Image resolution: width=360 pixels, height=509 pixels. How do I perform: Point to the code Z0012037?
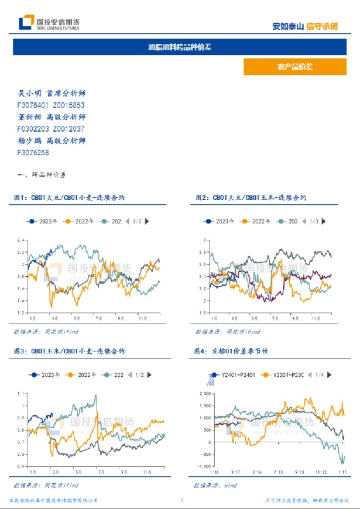click(69, 129)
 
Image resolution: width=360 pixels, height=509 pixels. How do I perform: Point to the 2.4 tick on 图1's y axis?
click(22, 240)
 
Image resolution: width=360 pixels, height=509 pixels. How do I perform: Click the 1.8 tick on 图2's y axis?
click(204, 312)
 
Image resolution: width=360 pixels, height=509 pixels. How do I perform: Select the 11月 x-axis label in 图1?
click(142, 319)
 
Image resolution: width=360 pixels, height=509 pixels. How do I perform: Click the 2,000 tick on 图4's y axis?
click(202, 393)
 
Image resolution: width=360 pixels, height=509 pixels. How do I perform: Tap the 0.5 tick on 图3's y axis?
click(22, 466)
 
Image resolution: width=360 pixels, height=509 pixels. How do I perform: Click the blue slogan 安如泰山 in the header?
click(289, 26)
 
